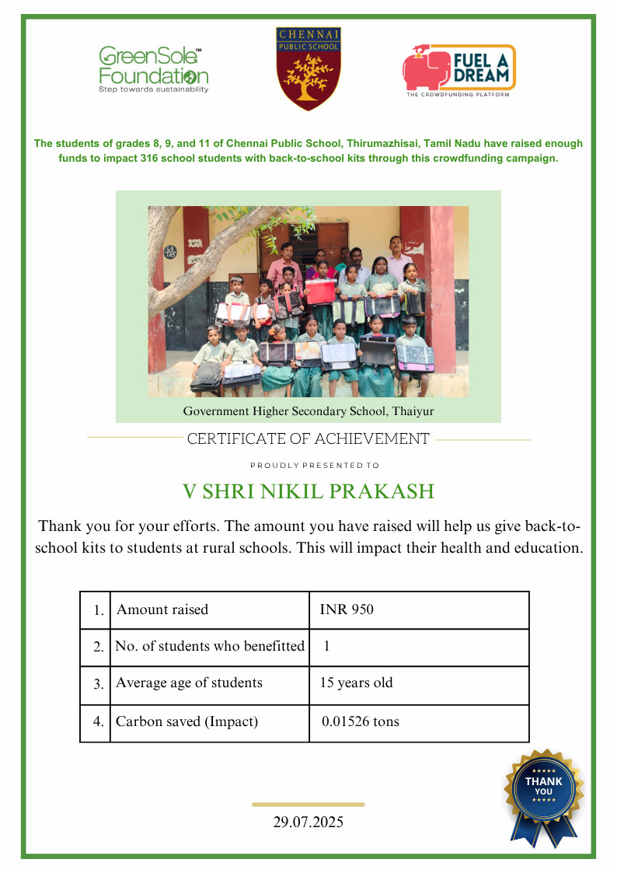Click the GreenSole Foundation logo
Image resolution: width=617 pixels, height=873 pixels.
pos(153,70)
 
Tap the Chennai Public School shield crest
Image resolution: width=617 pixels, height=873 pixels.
pos(308,68)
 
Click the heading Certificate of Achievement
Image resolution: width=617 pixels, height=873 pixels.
pos(308,439)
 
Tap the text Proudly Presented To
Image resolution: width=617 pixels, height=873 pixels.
pos(315,466)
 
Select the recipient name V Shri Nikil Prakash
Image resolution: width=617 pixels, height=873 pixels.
pos(308,492)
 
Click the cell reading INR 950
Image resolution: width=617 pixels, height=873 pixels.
pos(347,609)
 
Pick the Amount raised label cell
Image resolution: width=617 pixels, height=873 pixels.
pos(162,609)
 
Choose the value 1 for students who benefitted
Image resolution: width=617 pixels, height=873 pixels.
pos(327,646)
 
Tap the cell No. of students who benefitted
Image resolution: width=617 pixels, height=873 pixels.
pos(210,646)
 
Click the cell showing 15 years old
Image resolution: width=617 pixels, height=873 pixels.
pos(357,683)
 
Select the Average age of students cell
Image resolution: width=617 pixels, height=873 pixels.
pos(189,683)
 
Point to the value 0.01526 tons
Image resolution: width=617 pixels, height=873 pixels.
pos(361,721)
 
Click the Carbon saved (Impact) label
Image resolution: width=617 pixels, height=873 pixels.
pos(186,721)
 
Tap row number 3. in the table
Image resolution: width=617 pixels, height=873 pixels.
pos(99,684)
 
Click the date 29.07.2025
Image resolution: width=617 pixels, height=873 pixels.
pos(308,822)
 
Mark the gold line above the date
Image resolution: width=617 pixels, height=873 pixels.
pos(308,805)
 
